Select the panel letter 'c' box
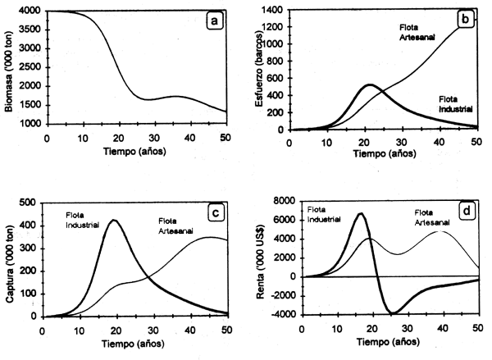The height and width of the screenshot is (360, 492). [215, 212]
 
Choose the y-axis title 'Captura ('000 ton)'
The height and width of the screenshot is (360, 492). [9, 258]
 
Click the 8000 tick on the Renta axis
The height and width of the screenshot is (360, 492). [285, 201]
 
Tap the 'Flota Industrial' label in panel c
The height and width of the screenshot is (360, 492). [82, 221]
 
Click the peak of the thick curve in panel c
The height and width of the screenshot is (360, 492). [113, 220]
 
